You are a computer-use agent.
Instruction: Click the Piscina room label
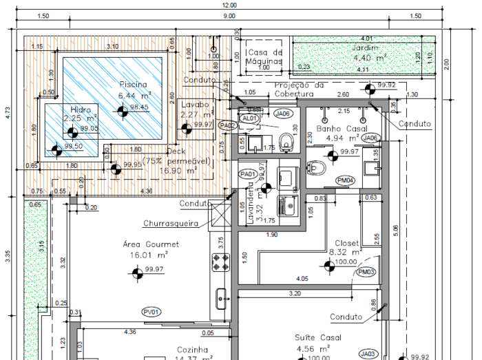pos(133,84)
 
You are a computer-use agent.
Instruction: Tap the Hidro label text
pos(81,109)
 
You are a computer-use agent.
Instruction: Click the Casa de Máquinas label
pos(265,57)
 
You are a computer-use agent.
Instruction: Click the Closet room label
pos(346,243)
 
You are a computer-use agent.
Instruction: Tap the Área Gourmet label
pos(151,244)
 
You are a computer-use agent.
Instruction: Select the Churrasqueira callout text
pos(171,223)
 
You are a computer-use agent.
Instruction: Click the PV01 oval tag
pos(151,312)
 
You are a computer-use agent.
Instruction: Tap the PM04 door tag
pos(345,180)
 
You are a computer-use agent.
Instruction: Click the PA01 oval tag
pos(249,174)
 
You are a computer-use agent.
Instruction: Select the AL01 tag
pos(250,118)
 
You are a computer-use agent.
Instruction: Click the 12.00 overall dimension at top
pos(229,5)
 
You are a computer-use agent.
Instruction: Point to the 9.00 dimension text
pos(229,16)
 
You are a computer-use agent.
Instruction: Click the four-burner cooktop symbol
pos(220,262)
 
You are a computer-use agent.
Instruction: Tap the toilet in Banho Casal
pos(317,167)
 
